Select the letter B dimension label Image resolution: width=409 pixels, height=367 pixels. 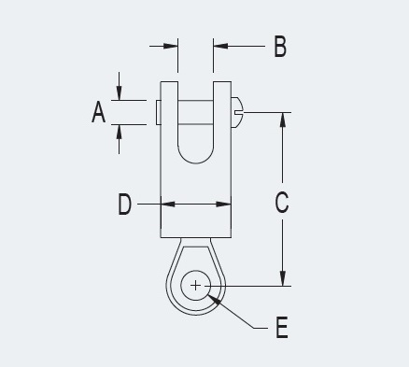click(279, 46)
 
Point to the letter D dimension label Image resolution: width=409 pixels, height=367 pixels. click(125, 205)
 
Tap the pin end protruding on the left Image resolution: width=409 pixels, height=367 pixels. click(156, 111)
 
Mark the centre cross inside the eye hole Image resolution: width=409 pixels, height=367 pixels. click(196, 285)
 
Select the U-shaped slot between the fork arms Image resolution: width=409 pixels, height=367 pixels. click(196, 135)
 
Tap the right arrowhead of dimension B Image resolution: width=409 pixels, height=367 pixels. click(218, 45)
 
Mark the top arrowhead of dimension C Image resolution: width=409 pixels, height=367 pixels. click(281, 119)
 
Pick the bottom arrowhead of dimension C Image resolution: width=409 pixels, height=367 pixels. click(281, 279)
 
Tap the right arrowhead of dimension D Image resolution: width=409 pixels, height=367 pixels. click(226, 205)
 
